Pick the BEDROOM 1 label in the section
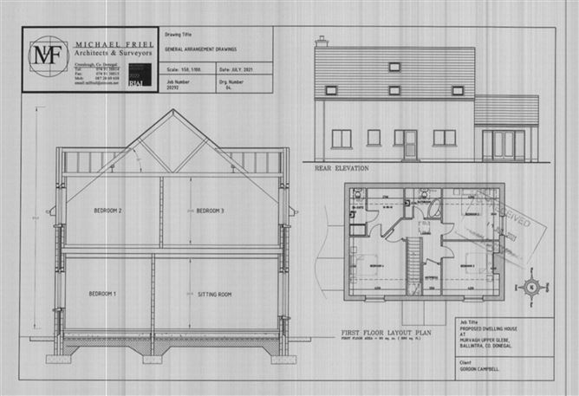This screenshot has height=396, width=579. tap(102, 295)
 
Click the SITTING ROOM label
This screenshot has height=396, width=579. tap(211, 295)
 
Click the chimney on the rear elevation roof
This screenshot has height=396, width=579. tap(322, 41)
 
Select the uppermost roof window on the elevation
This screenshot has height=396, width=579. tap(394, 66)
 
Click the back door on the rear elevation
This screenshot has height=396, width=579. tap(410, 145)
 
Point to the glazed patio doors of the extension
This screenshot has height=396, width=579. tap(504, 144)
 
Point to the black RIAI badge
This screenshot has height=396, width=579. tap(134, 81)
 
